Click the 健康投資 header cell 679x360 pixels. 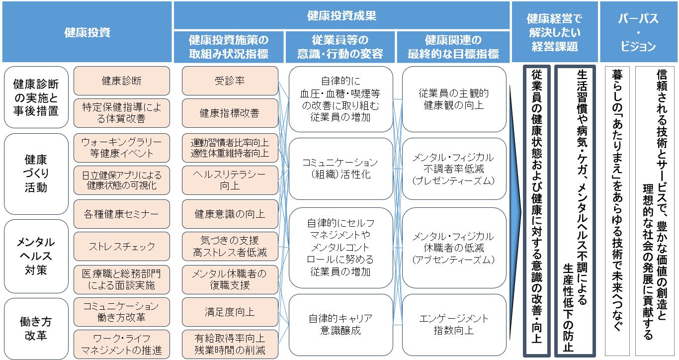(87, 32)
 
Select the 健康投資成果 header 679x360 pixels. (342, 15)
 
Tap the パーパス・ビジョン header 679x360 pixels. (638, 32)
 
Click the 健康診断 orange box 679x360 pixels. (121, 81)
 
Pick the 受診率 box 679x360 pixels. (230, 81)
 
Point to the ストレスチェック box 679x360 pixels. (121, 246)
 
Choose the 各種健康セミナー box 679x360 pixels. (121, 214)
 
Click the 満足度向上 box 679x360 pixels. (230, 312)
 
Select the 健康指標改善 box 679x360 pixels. (230, 113)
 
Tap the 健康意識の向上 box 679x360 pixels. (230, 214)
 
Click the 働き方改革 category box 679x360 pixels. (36, 328)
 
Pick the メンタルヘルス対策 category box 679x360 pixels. (36, 256)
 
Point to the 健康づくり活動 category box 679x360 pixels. (36, 174)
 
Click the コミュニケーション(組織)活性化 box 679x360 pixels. (340, 169)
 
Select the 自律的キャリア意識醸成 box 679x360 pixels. (340, 324)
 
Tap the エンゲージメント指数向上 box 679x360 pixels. (454, 324)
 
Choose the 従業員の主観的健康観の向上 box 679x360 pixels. (454, 99)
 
